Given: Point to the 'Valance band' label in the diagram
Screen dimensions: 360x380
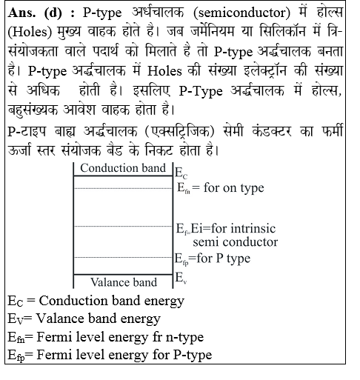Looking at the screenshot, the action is pos(123,281).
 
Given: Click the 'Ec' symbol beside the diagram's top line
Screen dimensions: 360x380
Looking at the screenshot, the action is pos(181,173).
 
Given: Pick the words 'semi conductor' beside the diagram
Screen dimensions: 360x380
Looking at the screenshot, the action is pos(235,241).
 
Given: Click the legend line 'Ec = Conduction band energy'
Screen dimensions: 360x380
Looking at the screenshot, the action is pos(96,301).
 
